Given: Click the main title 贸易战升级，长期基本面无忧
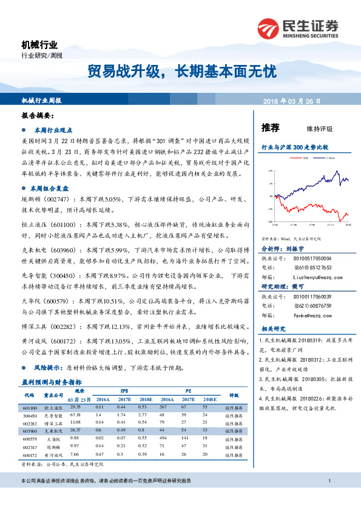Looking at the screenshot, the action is (x=180, y=72).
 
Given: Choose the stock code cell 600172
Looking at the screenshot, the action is (x=29, y=454).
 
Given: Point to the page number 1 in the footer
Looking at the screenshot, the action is (x=328, y=498).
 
